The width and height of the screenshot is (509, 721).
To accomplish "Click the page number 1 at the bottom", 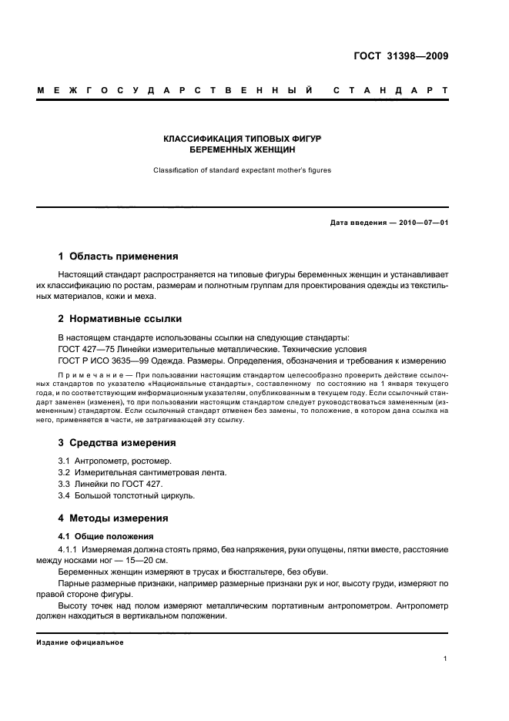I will pos(446,659).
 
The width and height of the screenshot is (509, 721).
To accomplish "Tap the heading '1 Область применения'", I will pos(119,257).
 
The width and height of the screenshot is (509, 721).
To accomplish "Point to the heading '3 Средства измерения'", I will pos(118,443).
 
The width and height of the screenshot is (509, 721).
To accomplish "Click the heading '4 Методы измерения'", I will pos(114,518).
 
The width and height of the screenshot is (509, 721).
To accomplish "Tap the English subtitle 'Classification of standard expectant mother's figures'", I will pos(242,170).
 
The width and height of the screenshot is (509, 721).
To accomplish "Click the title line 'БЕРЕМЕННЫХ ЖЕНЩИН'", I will pos(242,151).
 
